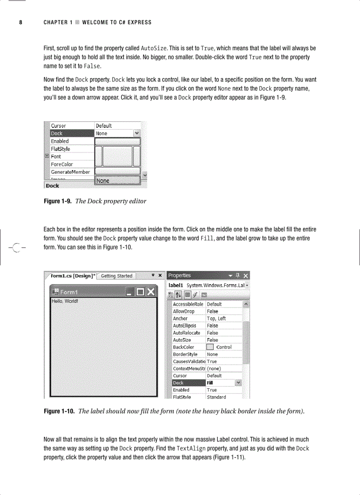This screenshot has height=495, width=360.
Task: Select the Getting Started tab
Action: [116, 276]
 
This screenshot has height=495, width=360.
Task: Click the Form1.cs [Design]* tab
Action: [71, 276]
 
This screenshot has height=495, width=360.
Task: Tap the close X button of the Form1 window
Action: [151, 292]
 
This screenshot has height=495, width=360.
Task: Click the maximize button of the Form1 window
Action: [140, 292]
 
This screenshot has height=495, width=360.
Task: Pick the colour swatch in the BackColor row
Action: [210, 347]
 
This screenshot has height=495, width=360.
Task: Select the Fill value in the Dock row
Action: [210, 383]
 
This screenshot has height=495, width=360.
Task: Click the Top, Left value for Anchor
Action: [216, 319]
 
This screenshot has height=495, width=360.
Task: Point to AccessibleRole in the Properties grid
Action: [188, 304]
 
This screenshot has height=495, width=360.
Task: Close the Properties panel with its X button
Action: [246, 276]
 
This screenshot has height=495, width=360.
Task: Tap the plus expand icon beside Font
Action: [47, 156]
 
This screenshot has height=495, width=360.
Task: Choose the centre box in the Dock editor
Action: [118, 156]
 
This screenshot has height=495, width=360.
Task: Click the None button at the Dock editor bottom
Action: [118, 180]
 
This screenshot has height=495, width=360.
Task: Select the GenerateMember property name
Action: [70, 172]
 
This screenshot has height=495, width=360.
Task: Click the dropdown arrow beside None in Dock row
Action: [137, 133]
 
